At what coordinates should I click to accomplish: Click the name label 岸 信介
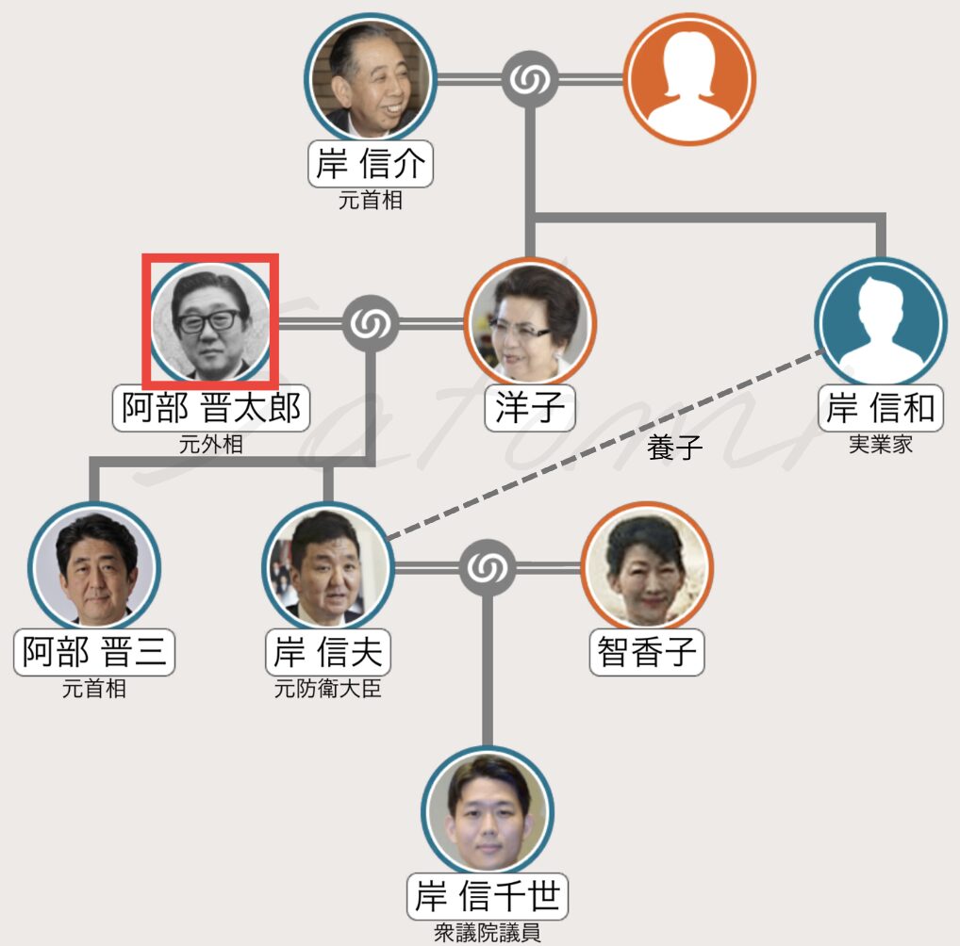(x=371, y=165)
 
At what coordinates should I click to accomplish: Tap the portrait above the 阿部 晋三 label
(x=93, y=569)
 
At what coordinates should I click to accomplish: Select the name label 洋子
(x=529, y=407)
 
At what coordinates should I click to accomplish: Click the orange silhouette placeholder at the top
(x=689, y=79)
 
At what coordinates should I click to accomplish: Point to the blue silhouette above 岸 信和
(x=880, y=323)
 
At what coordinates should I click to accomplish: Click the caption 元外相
(x=211, y=444)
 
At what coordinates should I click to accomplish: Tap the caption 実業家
(x=881, y=444)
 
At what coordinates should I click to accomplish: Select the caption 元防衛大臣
(x=327, y=689)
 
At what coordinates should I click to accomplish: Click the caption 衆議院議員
(x=488, y=933)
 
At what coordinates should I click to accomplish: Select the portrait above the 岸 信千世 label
(x=488, y=812)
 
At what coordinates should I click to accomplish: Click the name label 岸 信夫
(x=327, y=651)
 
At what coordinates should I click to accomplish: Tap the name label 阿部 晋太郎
(x=211, y=407)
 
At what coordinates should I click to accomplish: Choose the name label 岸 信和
(x=881, y=407)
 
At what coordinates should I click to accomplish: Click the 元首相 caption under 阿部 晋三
(x=93, y=689)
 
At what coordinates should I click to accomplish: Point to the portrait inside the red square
(x=210, y=321)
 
